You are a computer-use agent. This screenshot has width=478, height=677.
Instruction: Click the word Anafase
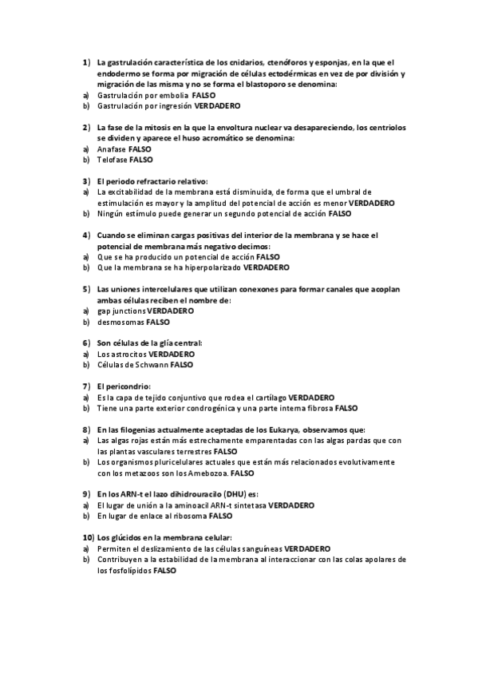(111, 149)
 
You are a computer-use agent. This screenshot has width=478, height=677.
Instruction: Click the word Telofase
(112, 160)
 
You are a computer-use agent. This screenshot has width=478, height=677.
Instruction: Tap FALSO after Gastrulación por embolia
(203, 95)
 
